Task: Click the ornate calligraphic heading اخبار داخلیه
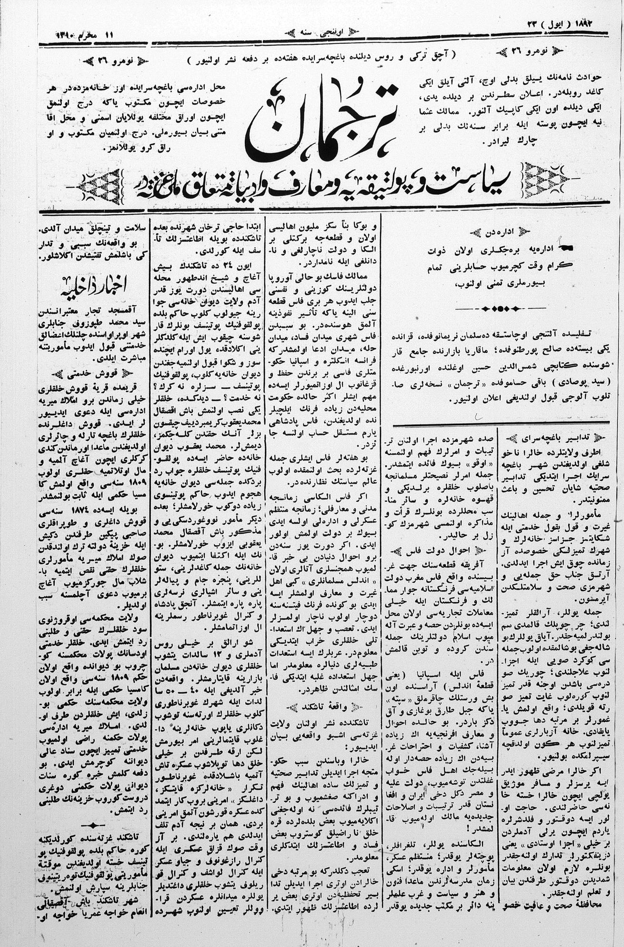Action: click(x=90, y=287)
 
